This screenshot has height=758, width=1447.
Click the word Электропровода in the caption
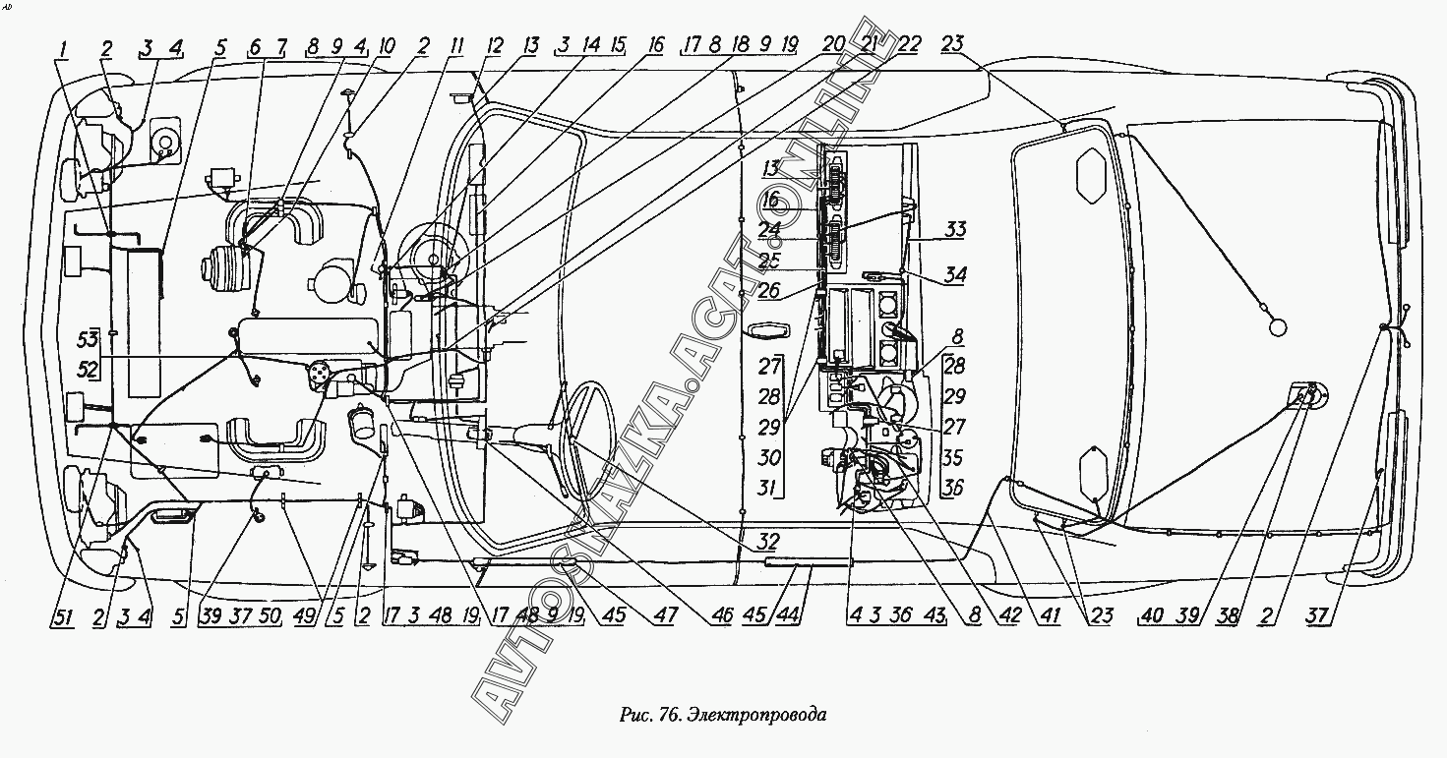[x=756, y=715]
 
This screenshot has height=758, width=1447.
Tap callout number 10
[x=387, y=45]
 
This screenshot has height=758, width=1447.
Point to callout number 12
[x=494, y=45]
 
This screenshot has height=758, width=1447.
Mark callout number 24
[x=770, y=229]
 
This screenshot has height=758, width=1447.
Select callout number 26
[x=770, y=291]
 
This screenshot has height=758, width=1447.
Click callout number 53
[x=88, y=340]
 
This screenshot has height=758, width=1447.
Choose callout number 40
[x=1153, y=617]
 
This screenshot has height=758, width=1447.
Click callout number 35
[x=953, y=457]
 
